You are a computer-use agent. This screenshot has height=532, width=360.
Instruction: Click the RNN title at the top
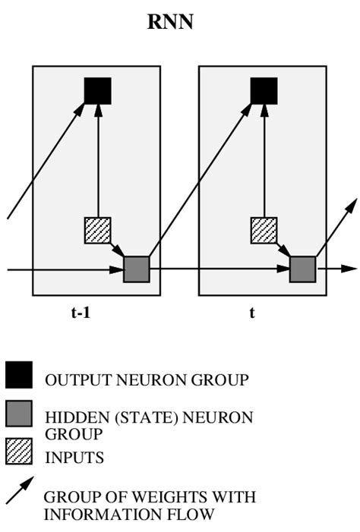click(170, 23)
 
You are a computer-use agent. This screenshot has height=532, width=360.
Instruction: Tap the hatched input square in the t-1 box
click(97, 230)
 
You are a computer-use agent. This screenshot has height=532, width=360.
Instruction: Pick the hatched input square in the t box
click(264, 230)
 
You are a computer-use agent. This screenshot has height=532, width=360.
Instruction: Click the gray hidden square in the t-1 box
click(137, 269)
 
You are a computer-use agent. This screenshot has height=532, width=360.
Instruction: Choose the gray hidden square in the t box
click(302, 269)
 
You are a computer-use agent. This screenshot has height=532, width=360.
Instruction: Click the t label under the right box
click(252, 311)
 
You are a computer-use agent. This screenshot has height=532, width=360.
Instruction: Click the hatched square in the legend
click(19, 452)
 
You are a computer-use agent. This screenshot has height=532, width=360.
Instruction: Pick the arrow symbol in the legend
click(19, 491)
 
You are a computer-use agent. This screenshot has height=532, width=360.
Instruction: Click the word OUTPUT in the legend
click(74, 380)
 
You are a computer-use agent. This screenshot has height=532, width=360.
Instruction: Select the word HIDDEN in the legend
click(72, 417)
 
